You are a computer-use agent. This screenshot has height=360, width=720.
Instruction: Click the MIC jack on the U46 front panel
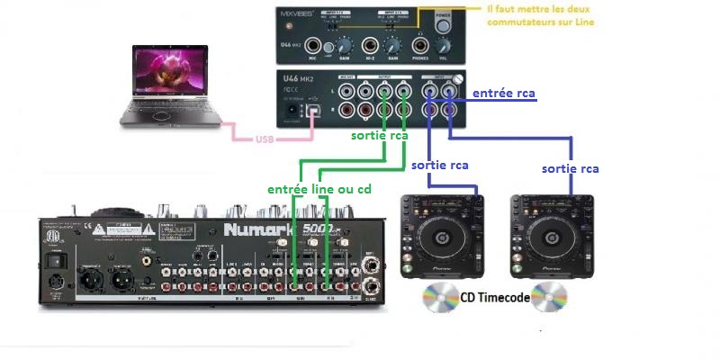point(314,45)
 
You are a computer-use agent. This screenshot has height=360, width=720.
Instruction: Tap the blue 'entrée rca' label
point(504,92)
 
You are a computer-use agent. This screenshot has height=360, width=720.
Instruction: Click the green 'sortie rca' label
point(380,136)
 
